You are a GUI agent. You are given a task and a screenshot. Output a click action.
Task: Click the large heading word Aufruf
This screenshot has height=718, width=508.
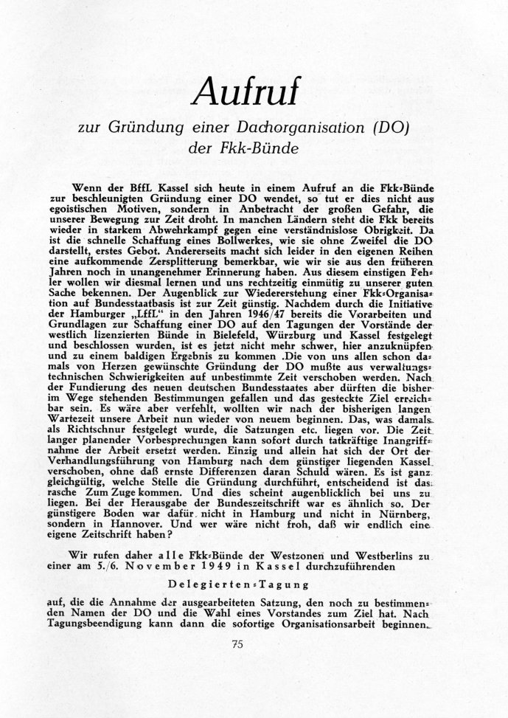pyautogui.click(x=254, y=90)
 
